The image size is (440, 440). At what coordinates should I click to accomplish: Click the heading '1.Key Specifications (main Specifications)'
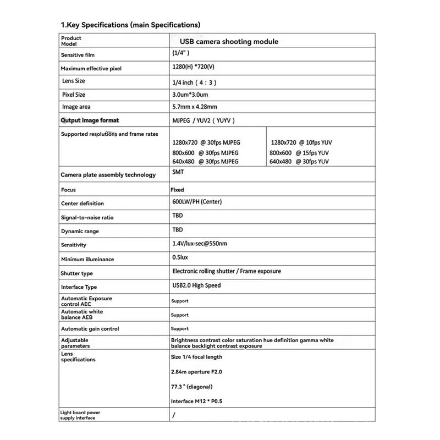[130, 25]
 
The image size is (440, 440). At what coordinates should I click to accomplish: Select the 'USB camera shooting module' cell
[229, 41]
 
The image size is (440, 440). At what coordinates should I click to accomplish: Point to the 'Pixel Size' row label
[74, 95]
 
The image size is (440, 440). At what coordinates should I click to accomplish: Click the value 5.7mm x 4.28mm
[194, 107]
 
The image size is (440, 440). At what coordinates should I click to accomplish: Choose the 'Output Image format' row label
[90, 120]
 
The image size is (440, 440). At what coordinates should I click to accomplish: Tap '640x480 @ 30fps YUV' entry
[299, 162]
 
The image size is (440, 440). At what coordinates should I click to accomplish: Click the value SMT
[178, 172]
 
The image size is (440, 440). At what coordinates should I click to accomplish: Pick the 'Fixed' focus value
[177, 190]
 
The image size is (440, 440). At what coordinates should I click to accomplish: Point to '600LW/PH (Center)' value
[197, 202]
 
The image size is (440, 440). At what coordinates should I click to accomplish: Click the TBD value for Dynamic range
[177, 230]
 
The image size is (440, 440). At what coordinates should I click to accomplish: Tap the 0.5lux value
[180, 257]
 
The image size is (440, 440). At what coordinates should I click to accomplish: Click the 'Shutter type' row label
[76, 273]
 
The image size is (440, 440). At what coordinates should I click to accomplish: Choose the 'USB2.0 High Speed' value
[196, 285]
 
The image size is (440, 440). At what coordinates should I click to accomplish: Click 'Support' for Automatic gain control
[179, 329]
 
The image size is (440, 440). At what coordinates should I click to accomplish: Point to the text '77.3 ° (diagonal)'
[191, 387]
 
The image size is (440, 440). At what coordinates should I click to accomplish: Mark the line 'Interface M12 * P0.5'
[196, 402]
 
